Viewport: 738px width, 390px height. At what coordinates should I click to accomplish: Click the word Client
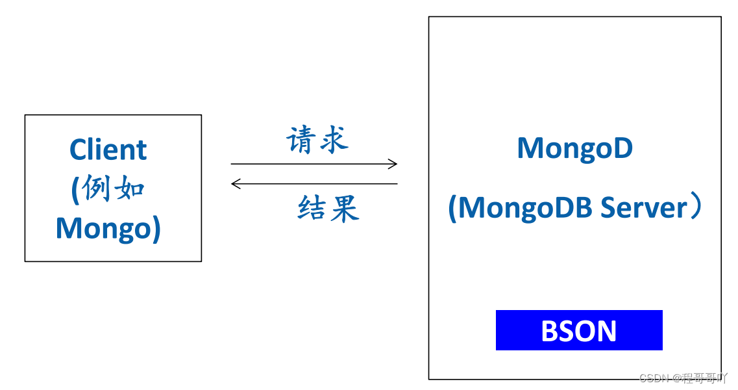pos(108,150)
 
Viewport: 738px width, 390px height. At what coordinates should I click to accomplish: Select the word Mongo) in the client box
pos(108,228)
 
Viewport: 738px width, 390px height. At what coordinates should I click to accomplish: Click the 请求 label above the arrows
pos(317,140)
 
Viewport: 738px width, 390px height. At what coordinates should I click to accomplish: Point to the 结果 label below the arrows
pos(328,209)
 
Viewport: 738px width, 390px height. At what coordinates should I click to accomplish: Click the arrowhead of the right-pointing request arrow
pos(393,164)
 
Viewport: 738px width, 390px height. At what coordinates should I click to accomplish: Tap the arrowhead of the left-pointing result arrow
pos(236,184)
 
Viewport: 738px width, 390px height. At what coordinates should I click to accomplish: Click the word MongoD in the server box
pos(574,148)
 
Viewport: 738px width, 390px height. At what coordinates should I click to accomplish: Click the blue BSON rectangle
pos(579,330)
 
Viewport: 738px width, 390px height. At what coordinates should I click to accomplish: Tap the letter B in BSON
pos(550,331)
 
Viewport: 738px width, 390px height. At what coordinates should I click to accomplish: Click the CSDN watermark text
pos(654,378)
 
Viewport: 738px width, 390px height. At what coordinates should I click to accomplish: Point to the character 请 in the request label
pos(302,140)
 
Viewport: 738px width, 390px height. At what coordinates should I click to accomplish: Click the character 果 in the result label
pos(345,209)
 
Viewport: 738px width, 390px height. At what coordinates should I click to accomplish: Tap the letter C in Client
pos(79,150)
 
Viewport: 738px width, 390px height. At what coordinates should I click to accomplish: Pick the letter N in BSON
pos(606,331)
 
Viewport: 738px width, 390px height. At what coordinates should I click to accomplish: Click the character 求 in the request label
pos(334,140)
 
